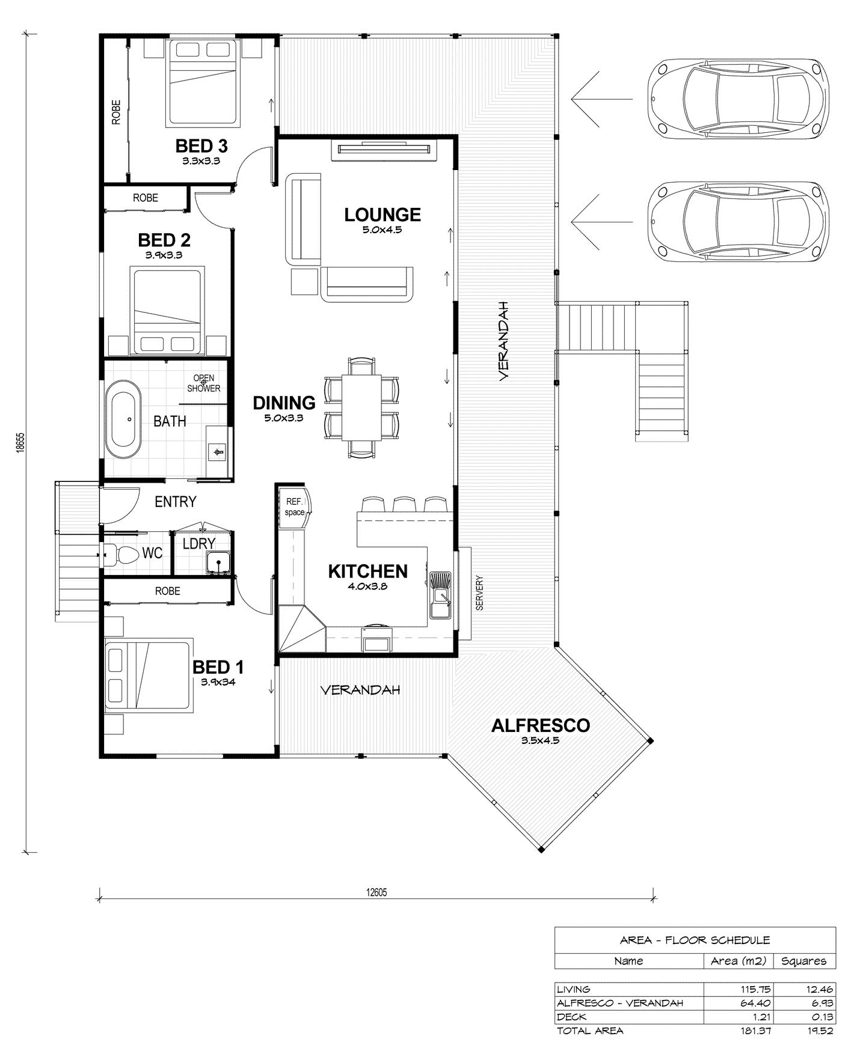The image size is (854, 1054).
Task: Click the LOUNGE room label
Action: (x=382, y=215)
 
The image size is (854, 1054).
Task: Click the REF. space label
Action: (x=295, y=507)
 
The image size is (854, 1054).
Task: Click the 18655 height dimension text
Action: (x=20, y=443)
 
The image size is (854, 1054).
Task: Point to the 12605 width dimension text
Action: (x=376, y=893)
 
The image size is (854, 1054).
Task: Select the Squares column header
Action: (x=803, y=961)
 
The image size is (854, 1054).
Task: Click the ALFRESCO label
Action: (x=540, y=726)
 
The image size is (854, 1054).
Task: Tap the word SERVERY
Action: (x=479, y=593)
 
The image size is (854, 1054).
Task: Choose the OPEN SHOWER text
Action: (x=203, y=383)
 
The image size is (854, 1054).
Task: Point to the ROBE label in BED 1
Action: (x=167, y=591)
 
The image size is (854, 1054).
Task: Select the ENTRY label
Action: (x=176, y=501)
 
